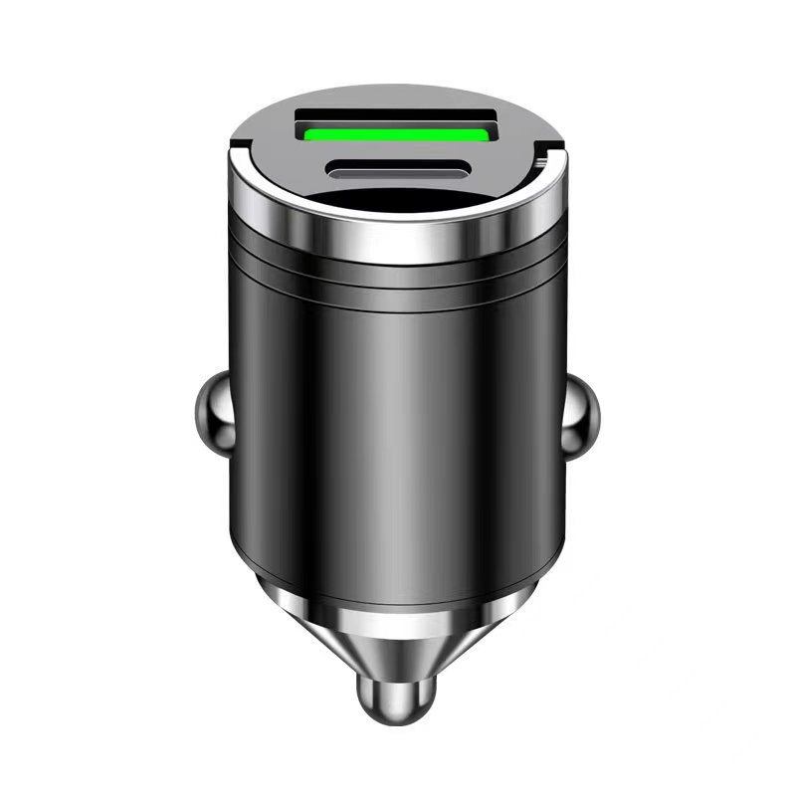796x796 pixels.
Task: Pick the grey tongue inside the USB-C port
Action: pos(397,170)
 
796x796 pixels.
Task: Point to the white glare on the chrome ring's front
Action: pos(398,246)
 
